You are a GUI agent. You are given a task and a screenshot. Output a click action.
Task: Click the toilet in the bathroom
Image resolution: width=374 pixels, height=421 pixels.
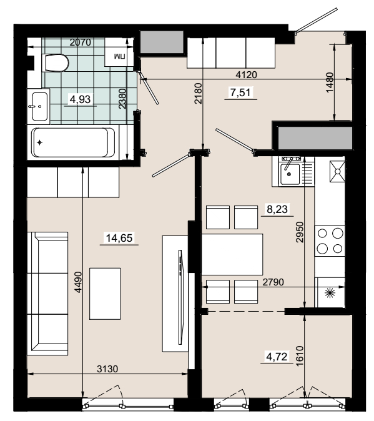click(x=56, y=63)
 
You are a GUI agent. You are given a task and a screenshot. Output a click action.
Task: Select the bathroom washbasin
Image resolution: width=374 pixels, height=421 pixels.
click(x=40, y=106)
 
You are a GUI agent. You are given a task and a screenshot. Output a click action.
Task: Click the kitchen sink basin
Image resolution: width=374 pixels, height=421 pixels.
click(x=290, y=174)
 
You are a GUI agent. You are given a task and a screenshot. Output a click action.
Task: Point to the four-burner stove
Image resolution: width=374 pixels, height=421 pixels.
click(x=330, y=241)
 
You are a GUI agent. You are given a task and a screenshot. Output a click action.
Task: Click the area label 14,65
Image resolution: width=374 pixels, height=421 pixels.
click(x=119, y=238)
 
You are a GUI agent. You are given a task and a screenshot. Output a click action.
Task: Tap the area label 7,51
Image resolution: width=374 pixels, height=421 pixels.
click(x=240, y=92)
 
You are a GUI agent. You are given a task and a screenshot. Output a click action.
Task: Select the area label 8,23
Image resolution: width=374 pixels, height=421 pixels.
click(x=277, y=209)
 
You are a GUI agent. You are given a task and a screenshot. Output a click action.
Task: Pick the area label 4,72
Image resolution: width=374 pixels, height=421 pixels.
click(x=277, y=357)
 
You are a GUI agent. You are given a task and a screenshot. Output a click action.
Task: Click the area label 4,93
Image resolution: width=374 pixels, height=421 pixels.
click(x=80, y=99)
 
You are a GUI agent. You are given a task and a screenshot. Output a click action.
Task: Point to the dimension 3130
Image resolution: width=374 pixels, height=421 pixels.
click(x=107, y=369)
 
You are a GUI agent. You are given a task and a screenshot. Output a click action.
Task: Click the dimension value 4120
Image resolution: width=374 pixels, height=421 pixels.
click(x=246, y=74)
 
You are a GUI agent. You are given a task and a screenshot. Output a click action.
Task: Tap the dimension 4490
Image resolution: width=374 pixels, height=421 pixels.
click(x=78, y=282)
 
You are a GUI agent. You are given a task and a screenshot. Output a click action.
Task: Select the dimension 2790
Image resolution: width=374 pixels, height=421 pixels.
click(x=273, y=282)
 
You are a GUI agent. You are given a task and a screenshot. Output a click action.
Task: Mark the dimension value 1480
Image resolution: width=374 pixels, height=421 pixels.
click(x=330, y=82)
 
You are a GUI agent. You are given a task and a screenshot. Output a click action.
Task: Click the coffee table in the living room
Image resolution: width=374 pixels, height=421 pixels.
click(x=105, y=294)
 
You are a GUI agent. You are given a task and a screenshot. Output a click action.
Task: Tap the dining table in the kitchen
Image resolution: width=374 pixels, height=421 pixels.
click(x=232, y=254)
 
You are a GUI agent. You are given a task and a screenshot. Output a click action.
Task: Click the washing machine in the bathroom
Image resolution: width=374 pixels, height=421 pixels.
click(x=119, y=52)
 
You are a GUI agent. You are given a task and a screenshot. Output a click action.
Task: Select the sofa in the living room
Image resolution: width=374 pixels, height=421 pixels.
click(x=47, y=294)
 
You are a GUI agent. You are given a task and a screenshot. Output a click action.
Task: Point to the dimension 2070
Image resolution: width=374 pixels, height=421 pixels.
click(x=80, y=42)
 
